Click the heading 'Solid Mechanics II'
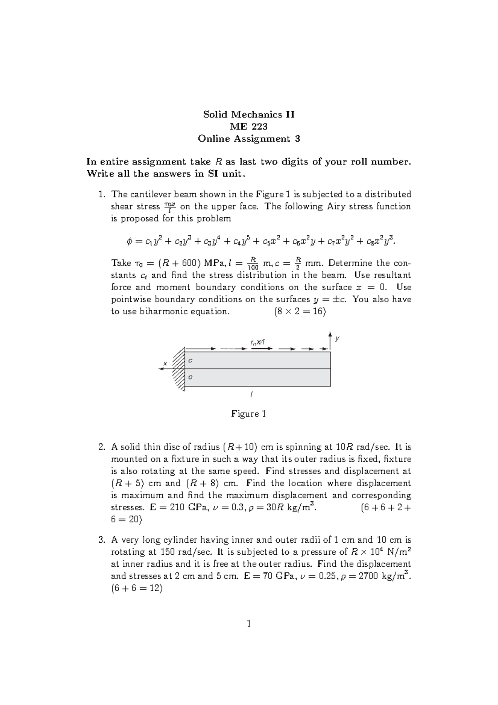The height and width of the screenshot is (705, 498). [x=249, y=115]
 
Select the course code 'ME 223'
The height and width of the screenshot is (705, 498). [x=249, y=127]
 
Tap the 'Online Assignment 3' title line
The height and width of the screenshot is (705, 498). [x=249, y=139]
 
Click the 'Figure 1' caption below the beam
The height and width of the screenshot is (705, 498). [x=248, y=414]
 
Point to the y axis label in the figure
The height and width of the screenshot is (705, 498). [x=337, y=339]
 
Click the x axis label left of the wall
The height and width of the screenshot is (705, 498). [x=165, y=363]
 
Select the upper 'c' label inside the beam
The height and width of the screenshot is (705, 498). [x=190, y=361]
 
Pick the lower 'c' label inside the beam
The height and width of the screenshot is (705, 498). [x=190, y=377]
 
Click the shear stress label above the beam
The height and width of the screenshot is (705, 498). [x=257, y=342]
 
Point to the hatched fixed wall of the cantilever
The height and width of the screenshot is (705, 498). [x=178, y=369]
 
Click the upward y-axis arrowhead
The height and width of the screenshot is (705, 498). [x=330, y=334]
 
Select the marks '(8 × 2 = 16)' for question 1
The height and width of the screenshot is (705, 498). [x=300, y=311]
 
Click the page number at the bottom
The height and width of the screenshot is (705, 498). [x=249, y=623]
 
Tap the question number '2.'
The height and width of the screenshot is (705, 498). [x=102, y=447]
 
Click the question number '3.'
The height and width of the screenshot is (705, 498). [x=102, y=540]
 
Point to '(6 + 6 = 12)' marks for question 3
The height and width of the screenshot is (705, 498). [x=137, y=588]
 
